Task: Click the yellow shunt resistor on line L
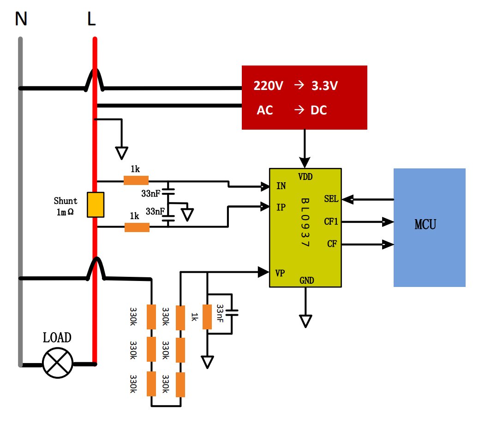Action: [96, 205]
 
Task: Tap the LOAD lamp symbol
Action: [57, 363]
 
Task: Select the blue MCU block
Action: [430, 227]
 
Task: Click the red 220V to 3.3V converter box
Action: [304, 97]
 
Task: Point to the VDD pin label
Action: [305, 177]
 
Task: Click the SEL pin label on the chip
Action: [331, 199]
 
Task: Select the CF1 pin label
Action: [331, 221]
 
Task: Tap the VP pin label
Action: [280, 273]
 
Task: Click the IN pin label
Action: [281, 186]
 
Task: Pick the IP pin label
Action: [281, 208]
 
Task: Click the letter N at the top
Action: [21, 18]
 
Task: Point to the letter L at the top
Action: [91, 18]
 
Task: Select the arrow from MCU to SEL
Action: [368, 199]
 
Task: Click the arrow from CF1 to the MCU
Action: [368, 221]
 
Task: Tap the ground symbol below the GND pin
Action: [305, 321]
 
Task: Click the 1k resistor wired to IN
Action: [136, 180]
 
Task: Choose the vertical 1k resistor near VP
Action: [207, 317]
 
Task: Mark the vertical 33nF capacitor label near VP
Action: [220, 313]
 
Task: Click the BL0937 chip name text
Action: [305, 222]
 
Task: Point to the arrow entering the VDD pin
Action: [305, 149]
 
